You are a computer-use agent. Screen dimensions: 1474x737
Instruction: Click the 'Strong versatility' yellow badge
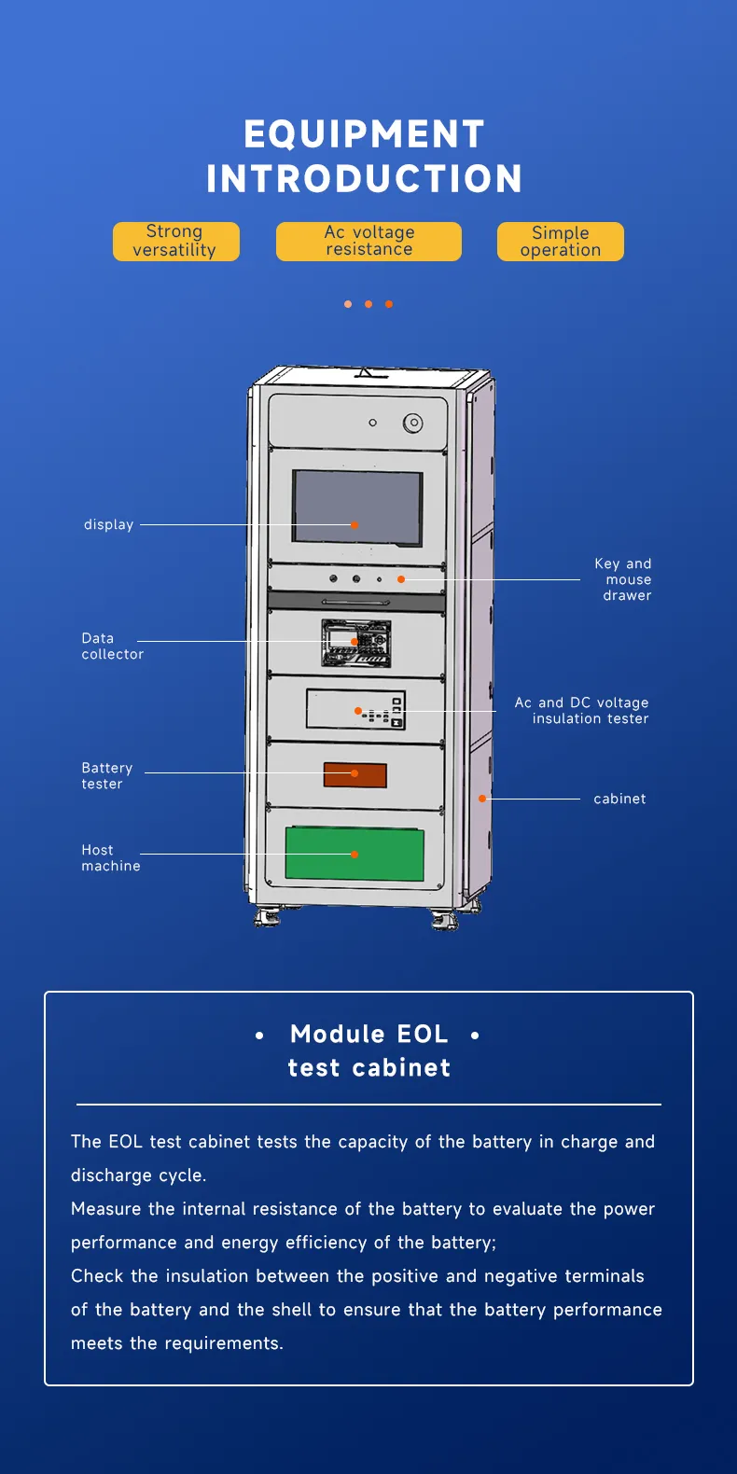(175, 242)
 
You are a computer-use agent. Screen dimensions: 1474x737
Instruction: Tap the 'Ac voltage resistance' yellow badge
(368, 242)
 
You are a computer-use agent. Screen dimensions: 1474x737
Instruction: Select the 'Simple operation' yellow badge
(560, 242)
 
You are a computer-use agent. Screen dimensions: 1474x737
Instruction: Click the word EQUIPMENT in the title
(364, 134)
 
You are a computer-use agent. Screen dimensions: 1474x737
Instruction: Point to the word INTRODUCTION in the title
(364, 179)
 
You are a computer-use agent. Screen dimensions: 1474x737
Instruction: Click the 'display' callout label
(108, 524)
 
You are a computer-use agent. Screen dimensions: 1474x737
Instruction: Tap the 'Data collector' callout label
(112, 647)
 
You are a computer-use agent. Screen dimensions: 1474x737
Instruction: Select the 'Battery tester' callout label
(106, 776)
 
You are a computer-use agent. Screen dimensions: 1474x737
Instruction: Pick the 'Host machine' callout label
(110, 858)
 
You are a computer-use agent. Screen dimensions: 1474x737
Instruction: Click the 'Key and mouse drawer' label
(624, 579)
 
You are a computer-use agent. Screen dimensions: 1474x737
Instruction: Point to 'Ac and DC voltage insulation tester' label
(582, 711)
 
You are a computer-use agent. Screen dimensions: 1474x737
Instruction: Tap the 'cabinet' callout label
(619, 799)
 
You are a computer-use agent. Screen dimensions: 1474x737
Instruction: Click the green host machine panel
(355, 854)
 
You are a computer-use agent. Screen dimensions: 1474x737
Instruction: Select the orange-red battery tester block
(355, 774)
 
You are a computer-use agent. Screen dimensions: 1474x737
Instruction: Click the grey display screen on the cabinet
(357, 507)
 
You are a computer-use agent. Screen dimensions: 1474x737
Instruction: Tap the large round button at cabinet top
(412, 424)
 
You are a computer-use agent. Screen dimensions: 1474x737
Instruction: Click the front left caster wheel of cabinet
(267, 918)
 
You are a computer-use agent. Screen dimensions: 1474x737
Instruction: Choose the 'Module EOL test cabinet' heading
(368, 1050)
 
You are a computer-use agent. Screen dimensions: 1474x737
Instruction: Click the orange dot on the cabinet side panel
(482, 799)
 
